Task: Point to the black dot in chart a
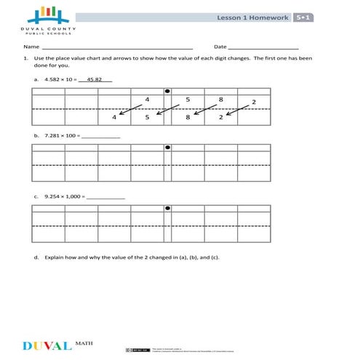tap(167, 92)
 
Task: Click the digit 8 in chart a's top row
tap(220, 98)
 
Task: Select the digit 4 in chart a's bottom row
tap(114, 116)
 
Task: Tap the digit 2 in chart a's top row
tap(253, 102)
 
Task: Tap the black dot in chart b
tap(167, 147)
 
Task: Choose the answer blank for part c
tap(105, 197)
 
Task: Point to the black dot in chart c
tap(167, 208)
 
